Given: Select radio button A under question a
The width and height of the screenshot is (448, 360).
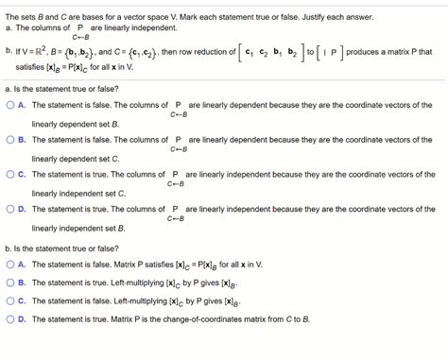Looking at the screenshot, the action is point(9,105).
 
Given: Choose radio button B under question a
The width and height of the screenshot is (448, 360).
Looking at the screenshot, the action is point(9,139).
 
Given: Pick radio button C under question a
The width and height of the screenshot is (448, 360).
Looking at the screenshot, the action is point(9,174).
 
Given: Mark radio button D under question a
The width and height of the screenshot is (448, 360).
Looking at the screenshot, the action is point(9,208).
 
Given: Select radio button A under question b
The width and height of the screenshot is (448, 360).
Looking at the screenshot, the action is point(9,266).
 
